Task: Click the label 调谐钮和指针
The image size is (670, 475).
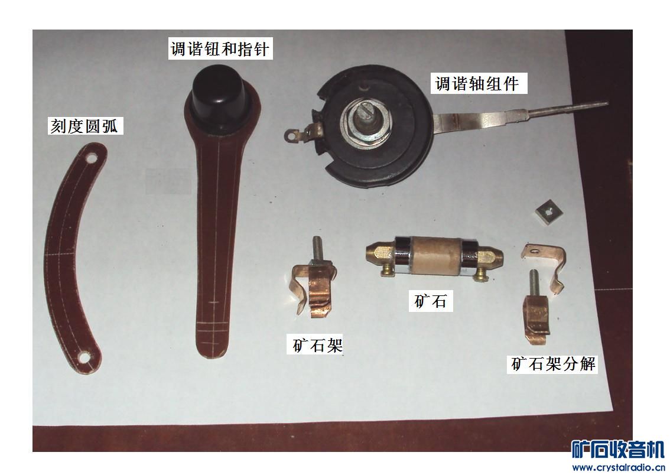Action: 220,48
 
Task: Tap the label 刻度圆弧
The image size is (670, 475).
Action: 85,126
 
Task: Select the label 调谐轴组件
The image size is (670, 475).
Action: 477,83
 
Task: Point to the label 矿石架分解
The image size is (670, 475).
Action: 554,365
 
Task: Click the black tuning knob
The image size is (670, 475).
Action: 219,98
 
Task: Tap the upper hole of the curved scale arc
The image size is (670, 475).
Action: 92,158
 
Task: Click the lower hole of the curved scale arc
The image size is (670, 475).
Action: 84,357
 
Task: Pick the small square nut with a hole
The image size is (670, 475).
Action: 549,211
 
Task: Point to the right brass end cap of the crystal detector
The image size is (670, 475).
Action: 490,258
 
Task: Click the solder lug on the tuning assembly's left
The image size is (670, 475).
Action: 299,134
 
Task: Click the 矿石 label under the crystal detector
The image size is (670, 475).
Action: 431,301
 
